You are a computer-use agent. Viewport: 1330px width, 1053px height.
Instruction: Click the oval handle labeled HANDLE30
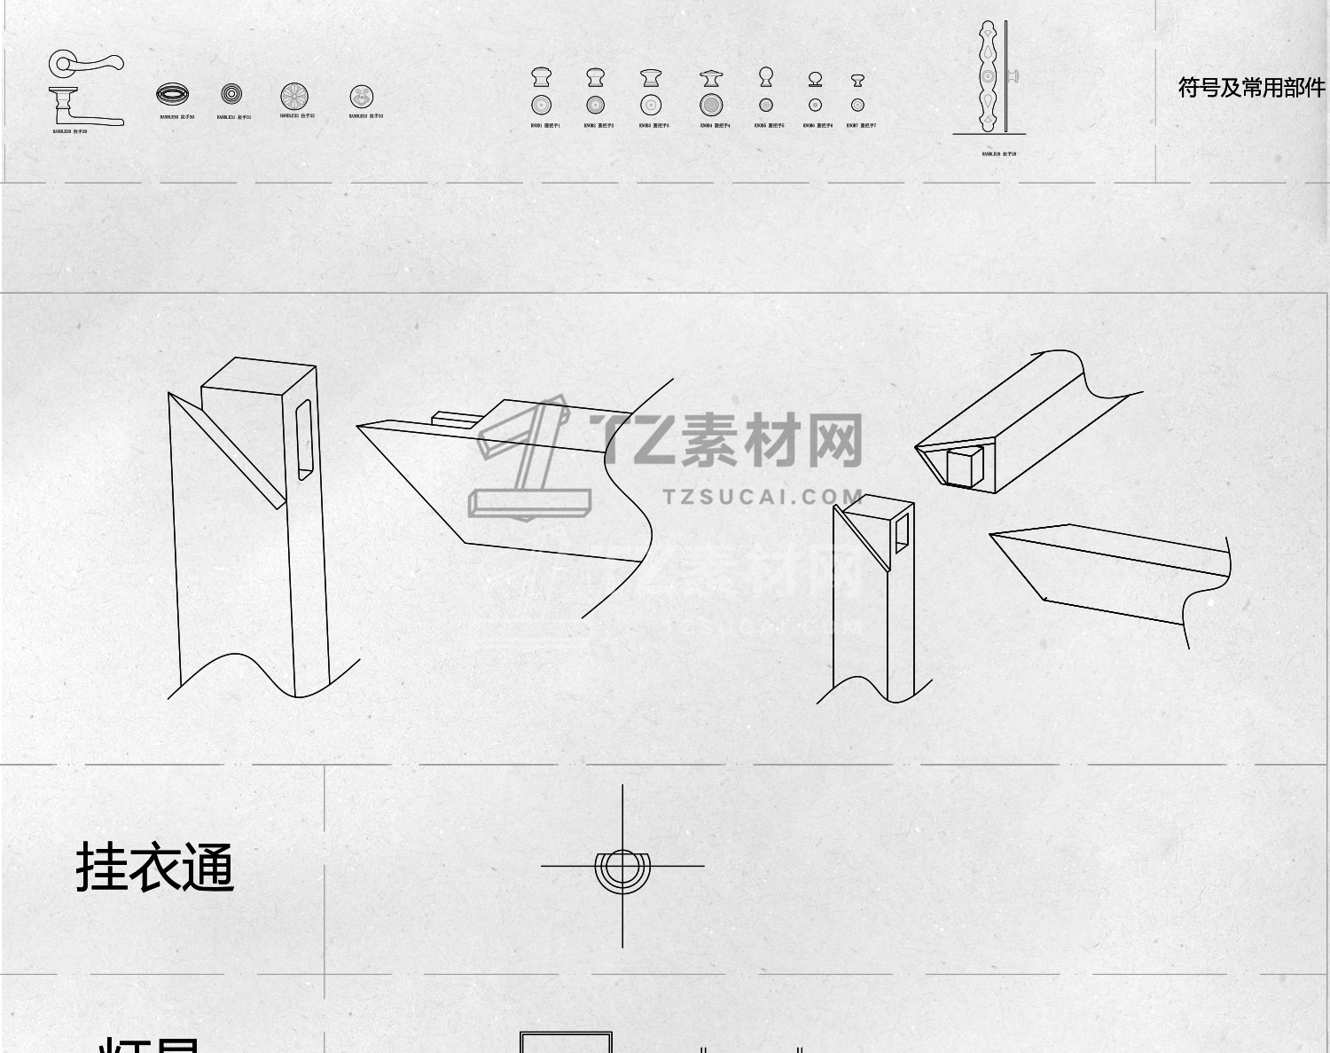[172, 94]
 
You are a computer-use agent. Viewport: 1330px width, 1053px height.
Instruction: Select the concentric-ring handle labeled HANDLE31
[231, 93]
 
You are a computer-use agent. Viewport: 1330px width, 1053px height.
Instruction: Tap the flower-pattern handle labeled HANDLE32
[294, 96]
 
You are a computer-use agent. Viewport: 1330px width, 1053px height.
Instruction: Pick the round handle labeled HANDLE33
[362, 97]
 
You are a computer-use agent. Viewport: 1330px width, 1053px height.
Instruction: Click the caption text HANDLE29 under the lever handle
[70, 131]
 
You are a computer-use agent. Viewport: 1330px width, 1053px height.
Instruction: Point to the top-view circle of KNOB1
[541, 105]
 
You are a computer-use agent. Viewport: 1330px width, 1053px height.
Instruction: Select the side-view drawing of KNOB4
[711, 79]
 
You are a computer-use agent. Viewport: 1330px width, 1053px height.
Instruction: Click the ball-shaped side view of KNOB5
[766, 77]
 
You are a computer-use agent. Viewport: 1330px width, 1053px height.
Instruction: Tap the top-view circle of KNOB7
[857, 105]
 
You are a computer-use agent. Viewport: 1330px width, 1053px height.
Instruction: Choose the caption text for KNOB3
[654, 126]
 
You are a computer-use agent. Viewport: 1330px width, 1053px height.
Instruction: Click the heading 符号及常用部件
[1251, 88]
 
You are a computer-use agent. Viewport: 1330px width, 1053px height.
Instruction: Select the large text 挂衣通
[155, 868]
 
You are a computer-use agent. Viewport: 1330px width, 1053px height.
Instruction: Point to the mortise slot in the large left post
[304, 440]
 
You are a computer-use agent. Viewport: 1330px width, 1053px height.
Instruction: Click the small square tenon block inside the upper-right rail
[964, 467]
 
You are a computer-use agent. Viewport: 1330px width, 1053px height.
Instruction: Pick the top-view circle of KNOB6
[815, 105]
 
